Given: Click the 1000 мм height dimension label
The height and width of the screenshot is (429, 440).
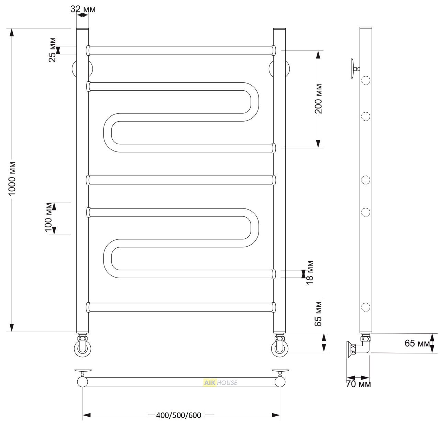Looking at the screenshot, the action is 12,179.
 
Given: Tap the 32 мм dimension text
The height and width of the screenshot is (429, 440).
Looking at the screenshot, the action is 83,9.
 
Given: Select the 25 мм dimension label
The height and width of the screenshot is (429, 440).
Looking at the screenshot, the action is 53,50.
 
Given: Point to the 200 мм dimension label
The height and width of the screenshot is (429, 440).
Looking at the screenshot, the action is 318,99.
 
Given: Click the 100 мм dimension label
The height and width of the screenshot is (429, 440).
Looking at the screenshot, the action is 48,217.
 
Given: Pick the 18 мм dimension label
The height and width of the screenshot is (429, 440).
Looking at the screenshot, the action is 309,273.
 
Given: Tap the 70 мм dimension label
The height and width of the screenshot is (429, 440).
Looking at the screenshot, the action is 359,384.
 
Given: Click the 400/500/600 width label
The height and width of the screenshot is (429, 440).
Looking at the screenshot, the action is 179,415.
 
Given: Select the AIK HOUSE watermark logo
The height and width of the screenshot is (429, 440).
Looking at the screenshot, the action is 220,383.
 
